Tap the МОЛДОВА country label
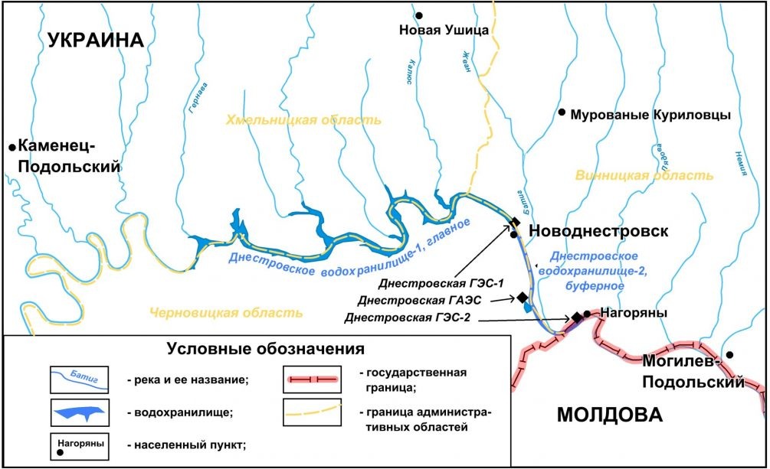point(608,415)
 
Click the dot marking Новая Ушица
point(419,15)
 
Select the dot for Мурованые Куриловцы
point(562,112)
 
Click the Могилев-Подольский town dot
point(731,354)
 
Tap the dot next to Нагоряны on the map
point(586,313)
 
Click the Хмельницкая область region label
point(303,121)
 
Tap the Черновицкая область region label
point(226,313)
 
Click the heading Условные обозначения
point(264,350)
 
